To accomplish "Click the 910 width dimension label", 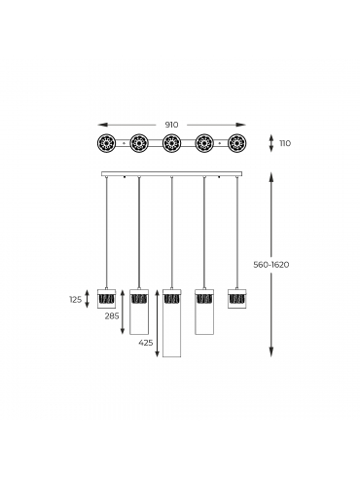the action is [x=171, y=125].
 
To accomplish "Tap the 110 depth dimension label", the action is [x=285, y=143].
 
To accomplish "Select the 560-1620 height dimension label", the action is [x=271, y=265].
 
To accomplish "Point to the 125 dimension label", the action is [x=76, y=300].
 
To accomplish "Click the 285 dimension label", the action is [x=112, y=315].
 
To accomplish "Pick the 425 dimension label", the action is [x=146, y=343].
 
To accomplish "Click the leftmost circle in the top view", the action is [x=106, y=143].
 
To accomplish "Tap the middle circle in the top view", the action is [x=172, y=143].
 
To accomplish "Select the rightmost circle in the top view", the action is [x=237, y=143].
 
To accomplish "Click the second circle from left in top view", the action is [x=139, y=143].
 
